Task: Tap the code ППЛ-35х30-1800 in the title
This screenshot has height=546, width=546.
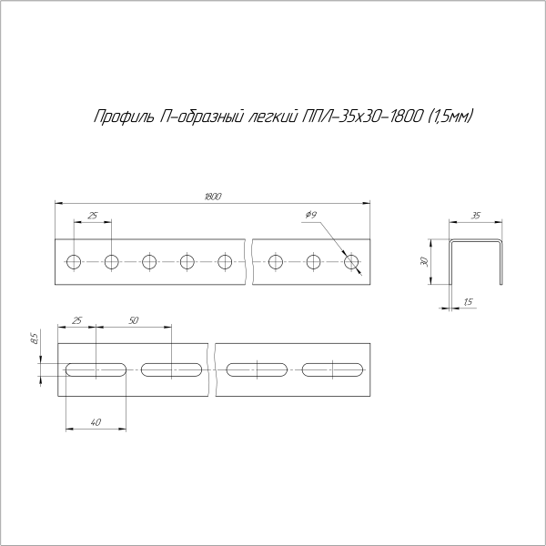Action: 360,116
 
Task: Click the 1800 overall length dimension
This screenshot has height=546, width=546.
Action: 213,196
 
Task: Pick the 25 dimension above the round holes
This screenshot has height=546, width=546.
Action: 92,216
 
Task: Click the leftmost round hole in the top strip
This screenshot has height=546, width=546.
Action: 73,263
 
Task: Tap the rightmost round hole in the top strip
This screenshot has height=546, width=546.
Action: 352,263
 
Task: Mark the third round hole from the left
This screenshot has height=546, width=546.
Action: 149,263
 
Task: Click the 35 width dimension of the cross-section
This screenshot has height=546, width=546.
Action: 475,216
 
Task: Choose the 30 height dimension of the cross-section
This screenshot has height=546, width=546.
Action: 424,261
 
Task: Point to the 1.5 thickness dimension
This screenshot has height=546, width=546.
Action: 468,301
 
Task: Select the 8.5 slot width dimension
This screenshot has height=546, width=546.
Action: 34,339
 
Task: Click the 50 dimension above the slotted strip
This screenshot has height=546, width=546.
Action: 134,320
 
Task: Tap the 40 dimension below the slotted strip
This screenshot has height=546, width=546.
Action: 96,420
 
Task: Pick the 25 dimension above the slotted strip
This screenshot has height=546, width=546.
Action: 76,320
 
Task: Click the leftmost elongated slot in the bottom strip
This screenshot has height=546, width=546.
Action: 96,369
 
